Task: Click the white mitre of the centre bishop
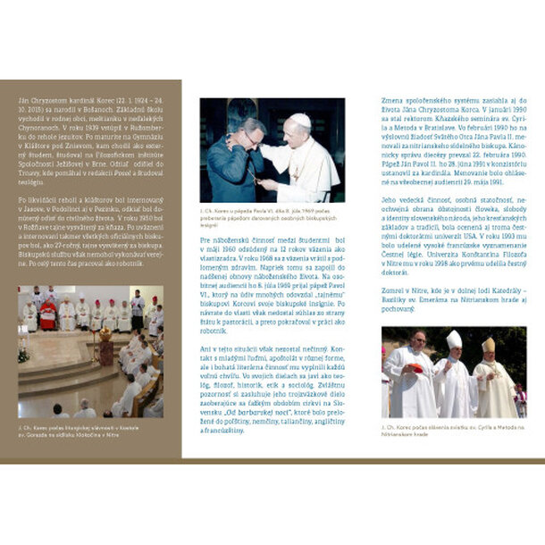click(454, 340)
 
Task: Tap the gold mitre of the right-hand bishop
click(488, 345)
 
